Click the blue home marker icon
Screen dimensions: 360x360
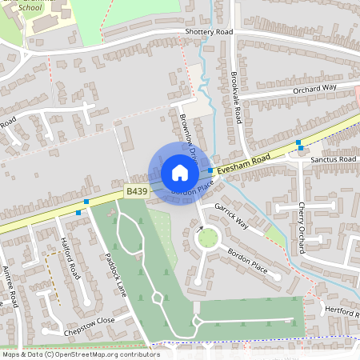click(x=179, y=173)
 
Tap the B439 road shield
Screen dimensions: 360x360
click(x=137, y=192)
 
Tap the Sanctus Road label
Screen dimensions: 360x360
click(x=334, y=160)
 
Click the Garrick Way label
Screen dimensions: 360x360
click(x=230, y=217)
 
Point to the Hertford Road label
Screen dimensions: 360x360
click(x=340, y=310)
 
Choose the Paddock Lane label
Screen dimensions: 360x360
click(x=116, y=275)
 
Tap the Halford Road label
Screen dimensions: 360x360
click(x=70, y=258)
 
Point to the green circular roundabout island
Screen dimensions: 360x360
click(x=208, y=238)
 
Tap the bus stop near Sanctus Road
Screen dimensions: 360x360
click(x=298, y=145)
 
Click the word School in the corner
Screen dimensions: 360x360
click(x=29, y=7)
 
